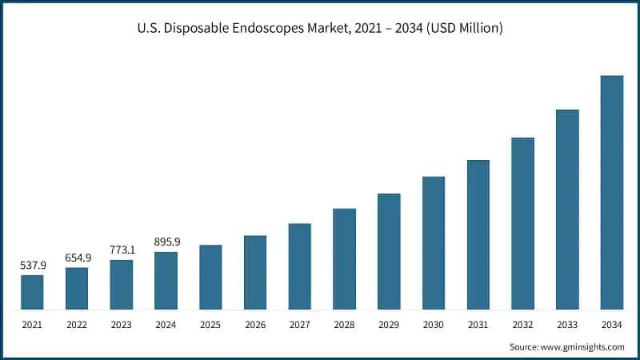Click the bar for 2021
(x=32, y=292)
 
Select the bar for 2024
(x=166, y=281)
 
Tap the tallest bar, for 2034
(x=612, y=192)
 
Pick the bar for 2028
(x=344, y=258)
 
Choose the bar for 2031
(x=478, y=234)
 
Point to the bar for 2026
(x=255, y=272)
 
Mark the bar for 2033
(x=567, y=209)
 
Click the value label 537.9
(x=32, y=265)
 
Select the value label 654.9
(x=77, y=257)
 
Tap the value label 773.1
(x=122, y=250)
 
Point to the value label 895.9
(x=166, y=242)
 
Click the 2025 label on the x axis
(x=210, y=326)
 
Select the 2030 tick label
(x=434, y=326)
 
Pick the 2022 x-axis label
(x=77, y=326)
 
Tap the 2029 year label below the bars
(x=389, y=326)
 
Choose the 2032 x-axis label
(x=522, y=326)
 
